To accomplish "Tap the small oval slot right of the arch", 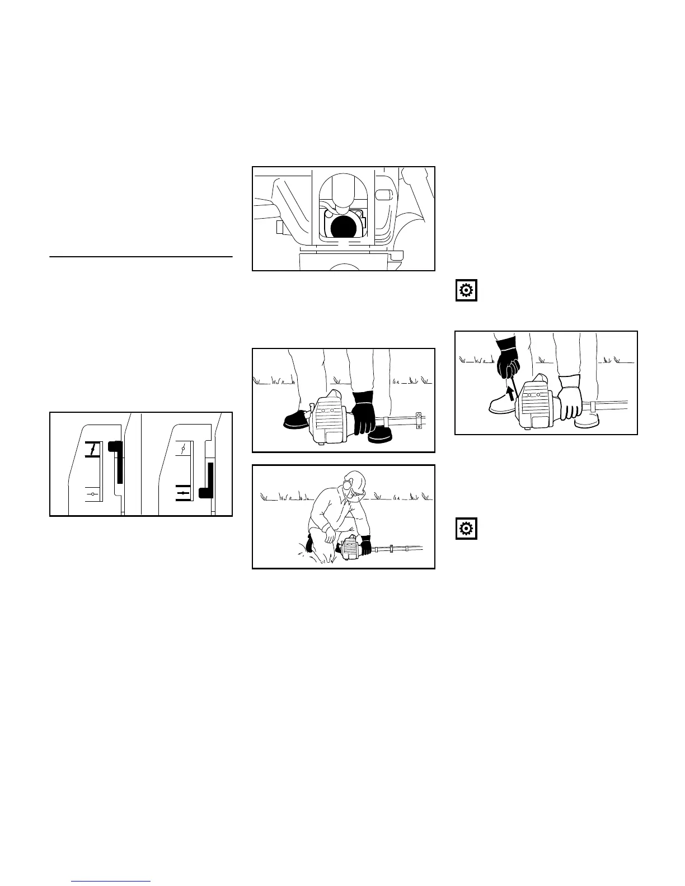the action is point(383,195).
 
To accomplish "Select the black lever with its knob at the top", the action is point(117,460).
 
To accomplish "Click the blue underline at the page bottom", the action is point(111,881).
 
